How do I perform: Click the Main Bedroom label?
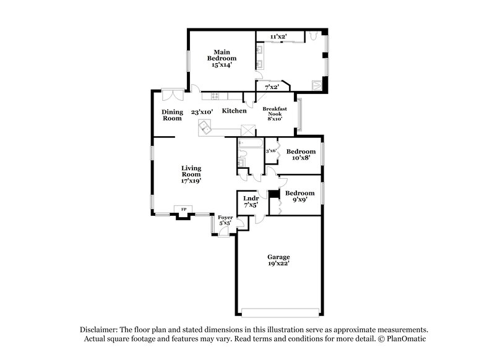[223, 58]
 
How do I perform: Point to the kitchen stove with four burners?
[215, 96]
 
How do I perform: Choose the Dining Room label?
[172, 115]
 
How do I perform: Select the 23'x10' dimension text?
[202, 112]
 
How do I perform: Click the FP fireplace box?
[183, 209]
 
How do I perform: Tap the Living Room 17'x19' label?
[192, 174]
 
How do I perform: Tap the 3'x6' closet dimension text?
[270, 150]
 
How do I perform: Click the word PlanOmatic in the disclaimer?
[407, 339]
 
